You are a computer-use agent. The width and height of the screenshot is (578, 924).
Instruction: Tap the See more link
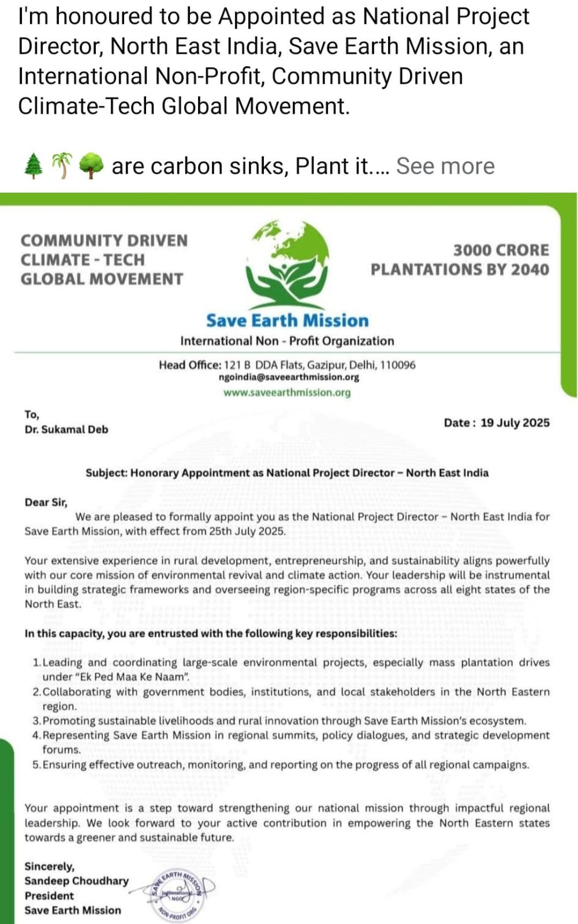(445, 166)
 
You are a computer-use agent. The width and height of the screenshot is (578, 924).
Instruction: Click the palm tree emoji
(62, 166)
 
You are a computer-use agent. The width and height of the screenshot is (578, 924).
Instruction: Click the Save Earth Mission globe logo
(287, 263)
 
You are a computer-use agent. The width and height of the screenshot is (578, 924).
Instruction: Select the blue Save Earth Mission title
(287, 321)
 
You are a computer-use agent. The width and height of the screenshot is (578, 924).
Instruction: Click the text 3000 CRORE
(501, 250)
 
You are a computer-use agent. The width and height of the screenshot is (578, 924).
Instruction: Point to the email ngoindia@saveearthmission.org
(289, 377)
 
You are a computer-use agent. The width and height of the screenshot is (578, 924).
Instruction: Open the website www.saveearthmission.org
(287, 393)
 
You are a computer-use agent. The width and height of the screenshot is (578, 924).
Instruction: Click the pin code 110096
(397, 365)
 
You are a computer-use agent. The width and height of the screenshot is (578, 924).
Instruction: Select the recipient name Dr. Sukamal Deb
(66, 430)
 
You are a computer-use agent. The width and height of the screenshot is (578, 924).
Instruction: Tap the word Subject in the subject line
(106, 473)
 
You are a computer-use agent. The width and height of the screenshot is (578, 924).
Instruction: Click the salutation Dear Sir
(46, 502)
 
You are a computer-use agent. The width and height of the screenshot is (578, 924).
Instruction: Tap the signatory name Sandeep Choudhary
(76, 881)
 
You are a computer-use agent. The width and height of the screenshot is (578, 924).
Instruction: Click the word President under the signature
(49, 896)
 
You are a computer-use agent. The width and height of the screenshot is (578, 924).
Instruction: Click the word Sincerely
(49, 866)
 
